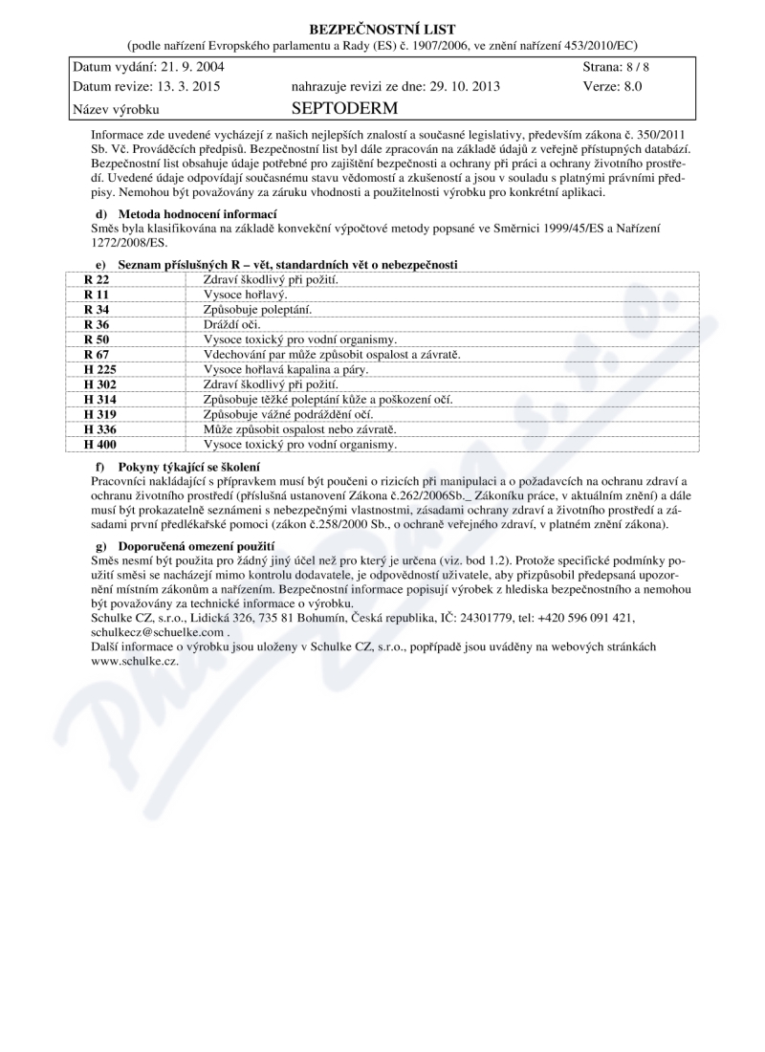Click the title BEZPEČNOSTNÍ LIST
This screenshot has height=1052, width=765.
coord(382,30)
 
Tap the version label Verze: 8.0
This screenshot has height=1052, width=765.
coord(611,86)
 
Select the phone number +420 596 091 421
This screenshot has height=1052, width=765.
coord(586,618)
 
